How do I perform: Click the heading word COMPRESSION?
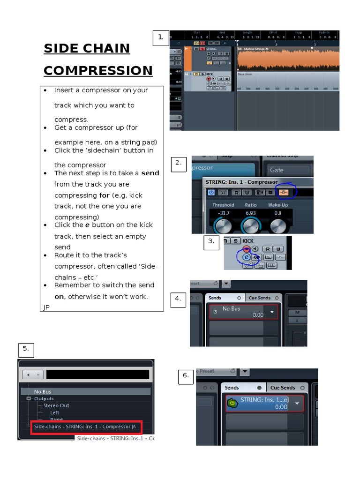98,71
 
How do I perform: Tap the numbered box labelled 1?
161,38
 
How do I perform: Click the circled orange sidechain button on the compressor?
283,192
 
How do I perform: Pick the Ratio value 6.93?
251,213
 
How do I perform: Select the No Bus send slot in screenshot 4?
243,312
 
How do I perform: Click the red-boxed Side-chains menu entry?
86,427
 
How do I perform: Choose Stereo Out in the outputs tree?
56,405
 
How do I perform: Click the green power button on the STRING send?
232,403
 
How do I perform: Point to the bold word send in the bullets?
150,173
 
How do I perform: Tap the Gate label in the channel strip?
277,170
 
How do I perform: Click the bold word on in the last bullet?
59,296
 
